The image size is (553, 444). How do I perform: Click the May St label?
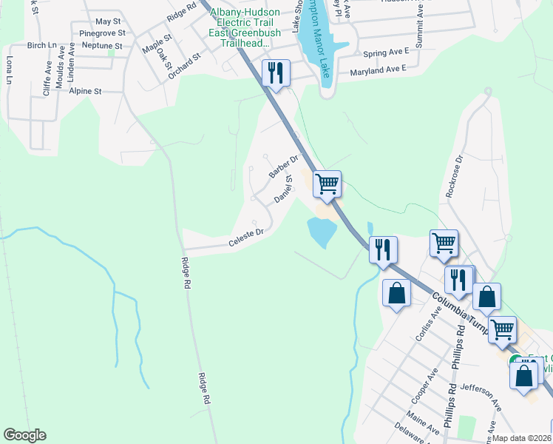(x=108, y=22)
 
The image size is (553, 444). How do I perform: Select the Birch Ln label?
(x=41, y=45)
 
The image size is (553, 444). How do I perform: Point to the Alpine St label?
(x=85, y=91)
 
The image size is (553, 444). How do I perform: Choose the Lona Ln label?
(x=10, y=69)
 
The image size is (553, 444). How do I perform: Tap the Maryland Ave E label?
(x=379, y=70)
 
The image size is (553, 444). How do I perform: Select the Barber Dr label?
(x=282, y=166)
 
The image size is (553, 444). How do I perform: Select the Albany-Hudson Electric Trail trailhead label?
(x=240, y=28)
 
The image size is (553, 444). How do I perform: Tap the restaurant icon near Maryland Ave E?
(x=276, y=73)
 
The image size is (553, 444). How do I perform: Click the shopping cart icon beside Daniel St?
(x=327, y=183)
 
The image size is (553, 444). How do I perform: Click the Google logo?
(x=24, y=435)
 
